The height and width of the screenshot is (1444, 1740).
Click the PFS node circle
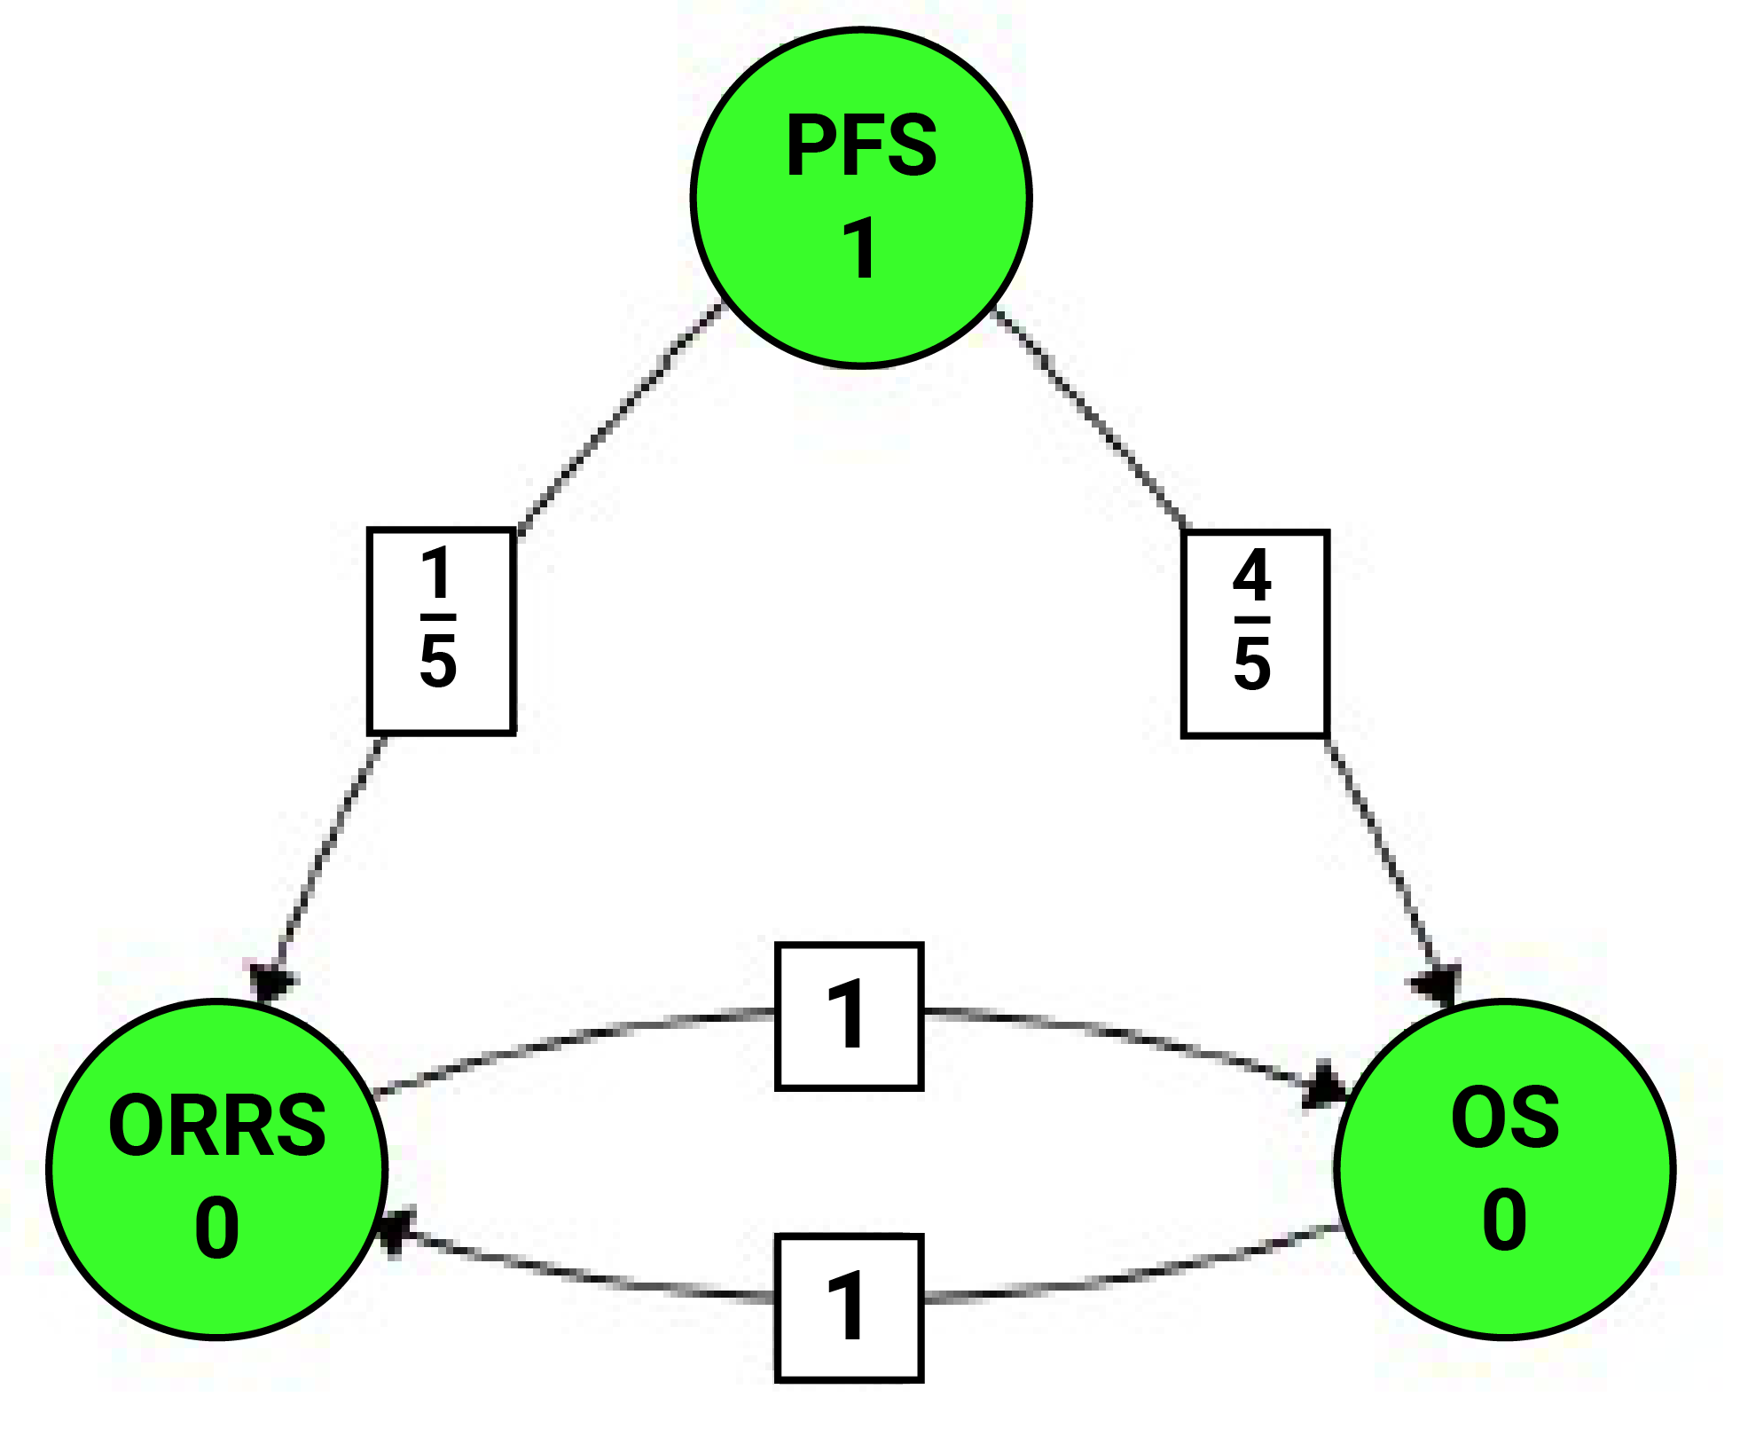860,197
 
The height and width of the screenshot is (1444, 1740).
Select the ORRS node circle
216,1169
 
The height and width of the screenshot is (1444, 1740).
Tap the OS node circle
1504,1169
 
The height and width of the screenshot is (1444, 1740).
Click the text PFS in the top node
860,146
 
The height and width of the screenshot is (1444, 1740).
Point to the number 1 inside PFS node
860,249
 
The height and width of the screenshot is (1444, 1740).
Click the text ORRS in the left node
217,1126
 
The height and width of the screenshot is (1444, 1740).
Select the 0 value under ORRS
217,1228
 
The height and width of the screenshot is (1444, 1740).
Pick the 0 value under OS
1504,1220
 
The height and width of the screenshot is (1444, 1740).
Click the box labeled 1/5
442,632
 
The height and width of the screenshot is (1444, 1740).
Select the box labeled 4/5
1254,633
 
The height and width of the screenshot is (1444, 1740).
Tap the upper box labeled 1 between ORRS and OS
849,1016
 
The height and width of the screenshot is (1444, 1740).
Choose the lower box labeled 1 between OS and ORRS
849,1307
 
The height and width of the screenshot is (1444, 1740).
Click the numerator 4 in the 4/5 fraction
1252,576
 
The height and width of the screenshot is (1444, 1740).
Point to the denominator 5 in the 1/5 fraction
438,662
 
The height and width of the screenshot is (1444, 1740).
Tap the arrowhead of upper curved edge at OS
1326,1086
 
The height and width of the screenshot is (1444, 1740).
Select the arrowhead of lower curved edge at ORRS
393,1231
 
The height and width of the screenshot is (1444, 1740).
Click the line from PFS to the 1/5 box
621,417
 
